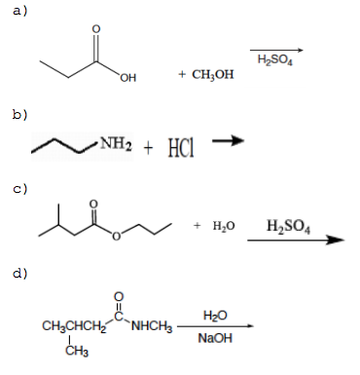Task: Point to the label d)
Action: (x=18, y=271)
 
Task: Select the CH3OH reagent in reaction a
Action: (x=205, y=75)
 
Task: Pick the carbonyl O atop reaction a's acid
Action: (x=94, y=27)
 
